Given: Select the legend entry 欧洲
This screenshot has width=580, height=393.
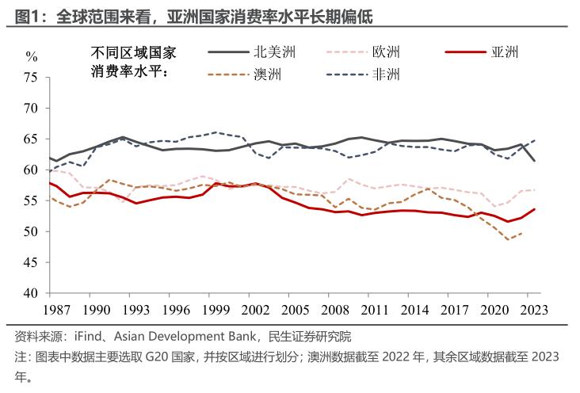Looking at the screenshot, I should [386, 53].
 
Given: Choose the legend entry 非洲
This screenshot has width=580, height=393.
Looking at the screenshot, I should [386, 76].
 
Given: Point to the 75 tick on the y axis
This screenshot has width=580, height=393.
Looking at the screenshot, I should [31, 78].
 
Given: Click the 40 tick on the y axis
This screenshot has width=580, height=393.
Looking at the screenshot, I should [31, 293].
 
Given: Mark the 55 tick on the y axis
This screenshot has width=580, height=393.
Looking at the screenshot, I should [31, 200].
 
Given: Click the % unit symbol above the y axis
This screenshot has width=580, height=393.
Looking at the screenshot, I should [31, 56].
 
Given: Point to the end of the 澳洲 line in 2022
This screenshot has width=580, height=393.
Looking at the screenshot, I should [521, 233].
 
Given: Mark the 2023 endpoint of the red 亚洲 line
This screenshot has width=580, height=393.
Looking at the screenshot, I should [535, 209].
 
